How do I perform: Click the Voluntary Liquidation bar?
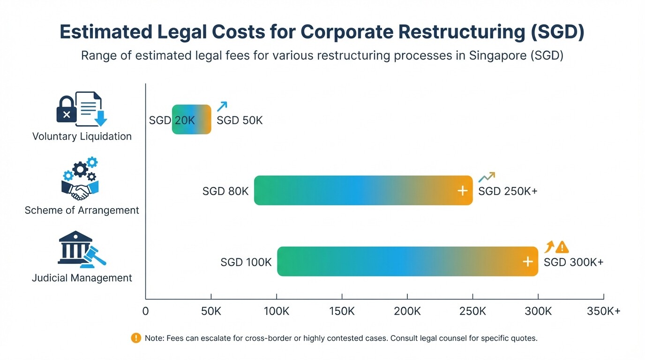coord(192,120)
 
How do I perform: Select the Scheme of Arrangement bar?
coord(363,190)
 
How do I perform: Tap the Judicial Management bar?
coord(407,262)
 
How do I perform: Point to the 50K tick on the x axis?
coord(211,311)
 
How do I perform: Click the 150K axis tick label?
coord(342,311)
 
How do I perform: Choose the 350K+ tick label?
coord(603,311)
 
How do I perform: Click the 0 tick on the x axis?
coord(145,311)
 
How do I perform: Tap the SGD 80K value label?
coord(225,191)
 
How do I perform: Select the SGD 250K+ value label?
coord(508,191)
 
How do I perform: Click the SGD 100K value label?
coord(246,262)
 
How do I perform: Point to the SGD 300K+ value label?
coord(573,262)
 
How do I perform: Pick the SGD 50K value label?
coord(240,120)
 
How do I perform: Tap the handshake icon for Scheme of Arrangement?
coord(80,191)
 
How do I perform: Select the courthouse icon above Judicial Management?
coord(74,247)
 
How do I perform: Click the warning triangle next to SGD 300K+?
coord(562,247)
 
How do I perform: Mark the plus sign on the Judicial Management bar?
coord(528,262)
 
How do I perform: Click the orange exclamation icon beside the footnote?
coord(136,337)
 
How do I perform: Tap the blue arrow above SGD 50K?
coord(222,106)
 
